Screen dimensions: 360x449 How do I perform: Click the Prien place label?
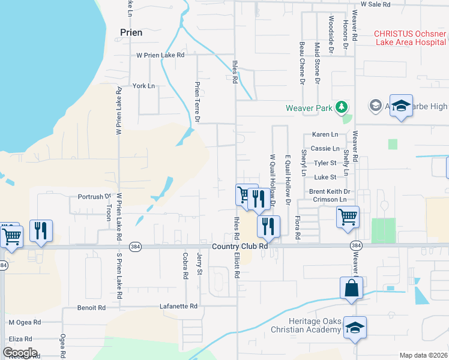click(x=131, y=32)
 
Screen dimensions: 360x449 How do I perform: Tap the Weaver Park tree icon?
click(x=342, y=107)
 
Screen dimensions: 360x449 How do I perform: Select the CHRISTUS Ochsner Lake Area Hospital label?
click(x=411, y=37)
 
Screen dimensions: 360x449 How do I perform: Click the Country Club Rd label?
click(x=238, y=247)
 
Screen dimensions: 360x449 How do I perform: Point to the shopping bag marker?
click(x=351, y=289)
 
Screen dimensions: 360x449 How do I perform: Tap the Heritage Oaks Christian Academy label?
click(x=306, y=326)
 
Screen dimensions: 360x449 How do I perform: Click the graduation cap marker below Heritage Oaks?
click(x=355, y=328)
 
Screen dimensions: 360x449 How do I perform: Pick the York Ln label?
click(x=143, y=86)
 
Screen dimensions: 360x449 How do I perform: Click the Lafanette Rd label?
click(x=178, y=306)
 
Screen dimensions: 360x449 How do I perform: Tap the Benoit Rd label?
click(x=91, y=307)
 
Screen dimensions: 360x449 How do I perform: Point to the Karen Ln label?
click(x=325, y=134)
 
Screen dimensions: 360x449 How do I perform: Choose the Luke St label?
click(x=325, y=177)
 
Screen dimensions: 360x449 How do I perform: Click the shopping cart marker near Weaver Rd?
click(x=348, y=217)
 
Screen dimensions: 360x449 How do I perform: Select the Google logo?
click(x=20, y=353)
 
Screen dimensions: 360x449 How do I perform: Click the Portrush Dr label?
click(x=95, y=196)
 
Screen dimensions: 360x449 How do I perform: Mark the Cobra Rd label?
click(x=185, y=268)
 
